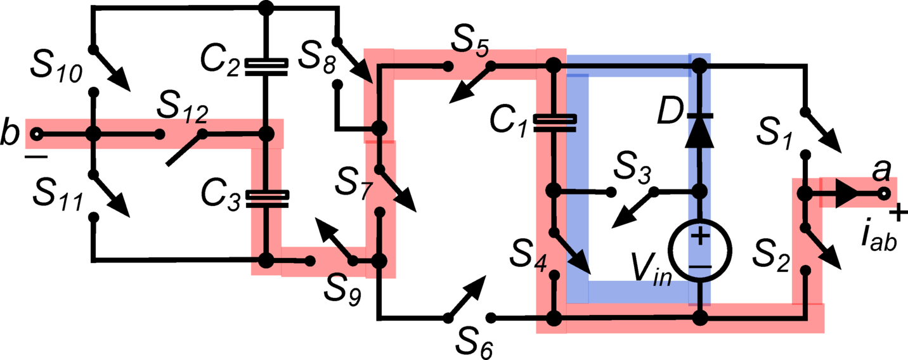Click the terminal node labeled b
[x=37, y=134]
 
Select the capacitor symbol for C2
[x=266, y=67]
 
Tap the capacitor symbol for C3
[x=266, y=198]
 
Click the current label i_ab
[x=879, y=237]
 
